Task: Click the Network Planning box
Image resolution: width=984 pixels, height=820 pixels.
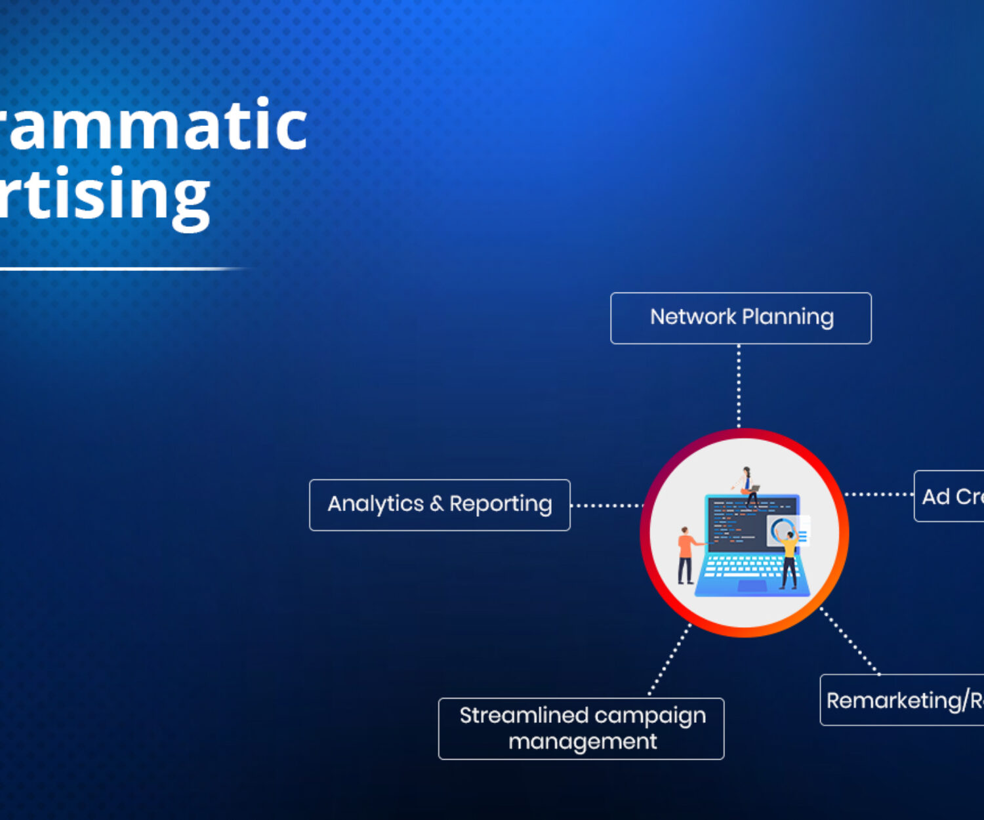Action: coord(741,318)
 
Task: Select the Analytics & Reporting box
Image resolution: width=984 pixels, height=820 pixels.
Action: coord(440,505)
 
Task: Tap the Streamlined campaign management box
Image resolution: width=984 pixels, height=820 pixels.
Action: coord(581,729)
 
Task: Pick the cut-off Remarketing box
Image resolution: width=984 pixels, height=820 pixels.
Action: coord(903,700)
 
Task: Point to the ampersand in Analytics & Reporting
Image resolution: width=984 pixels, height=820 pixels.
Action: coord(437,504)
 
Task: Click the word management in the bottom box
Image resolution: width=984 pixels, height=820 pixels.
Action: coord(583,742)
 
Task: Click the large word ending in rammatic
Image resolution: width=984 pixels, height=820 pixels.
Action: coord(154,125)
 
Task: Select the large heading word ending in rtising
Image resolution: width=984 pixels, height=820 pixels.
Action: coord(105,195)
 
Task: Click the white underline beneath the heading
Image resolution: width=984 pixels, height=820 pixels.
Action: coord(118,269)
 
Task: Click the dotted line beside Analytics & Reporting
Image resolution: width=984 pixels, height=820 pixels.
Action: coord(606,506)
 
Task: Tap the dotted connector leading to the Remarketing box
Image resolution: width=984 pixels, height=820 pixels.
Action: coord(850,642)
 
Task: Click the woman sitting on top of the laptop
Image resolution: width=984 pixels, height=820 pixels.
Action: coord(747,483)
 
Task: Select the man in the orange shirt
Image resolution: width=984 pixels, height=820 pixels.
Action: coord(686,554)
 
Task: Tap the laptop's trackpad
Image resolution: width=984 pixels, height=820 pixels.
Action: coord(743,585)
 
